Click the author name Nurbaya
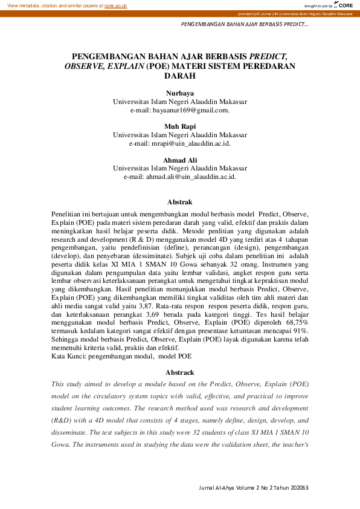point(179,93)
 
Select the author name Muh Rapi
point(179,126)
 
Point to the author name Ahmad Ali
point(179,160)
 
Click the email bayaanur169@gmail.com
point(179,111)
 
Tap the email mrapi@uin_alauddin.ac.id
point(179,144)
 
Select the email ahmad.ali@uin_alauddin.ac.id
point(179,177)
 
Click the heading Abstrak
point(179,202)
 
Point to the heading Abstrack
point(179,372)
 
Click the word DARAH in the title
point(179,76)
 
